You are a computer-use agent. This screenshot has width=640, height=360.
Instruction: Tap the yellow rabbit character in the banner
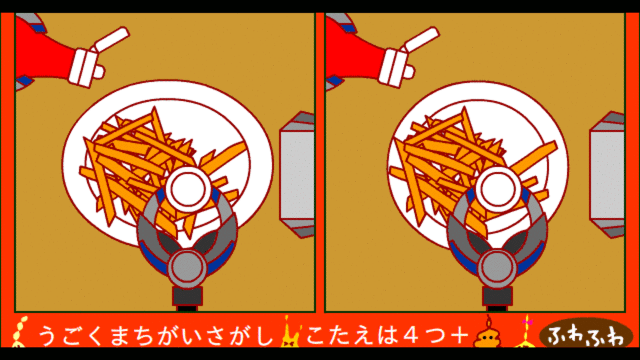[290, 335]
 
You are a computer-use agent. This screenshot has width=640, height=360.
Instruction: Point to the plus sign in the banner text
[459, 335]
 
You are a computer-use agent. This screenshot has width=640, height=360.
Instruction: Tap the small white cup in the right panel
[499, 189]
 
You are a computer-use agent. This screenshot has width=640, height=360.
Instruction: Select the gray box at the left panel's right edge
[297, 175]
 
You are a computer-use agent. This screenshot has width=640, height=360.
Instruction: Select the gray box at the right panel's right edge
[607, 175]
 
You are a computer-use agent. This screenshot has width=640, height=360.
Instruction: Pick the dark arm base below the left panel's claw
[187, 298]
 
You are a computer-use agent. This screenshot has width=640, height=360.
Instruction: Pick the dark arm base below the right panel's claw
[497, 298]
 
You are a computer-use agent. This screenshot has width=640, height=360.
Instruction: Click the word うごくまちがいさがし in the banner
[155, 335]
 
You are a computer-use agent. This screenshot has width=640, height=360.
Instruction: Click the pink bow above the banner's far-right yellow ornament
[527, 322]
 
